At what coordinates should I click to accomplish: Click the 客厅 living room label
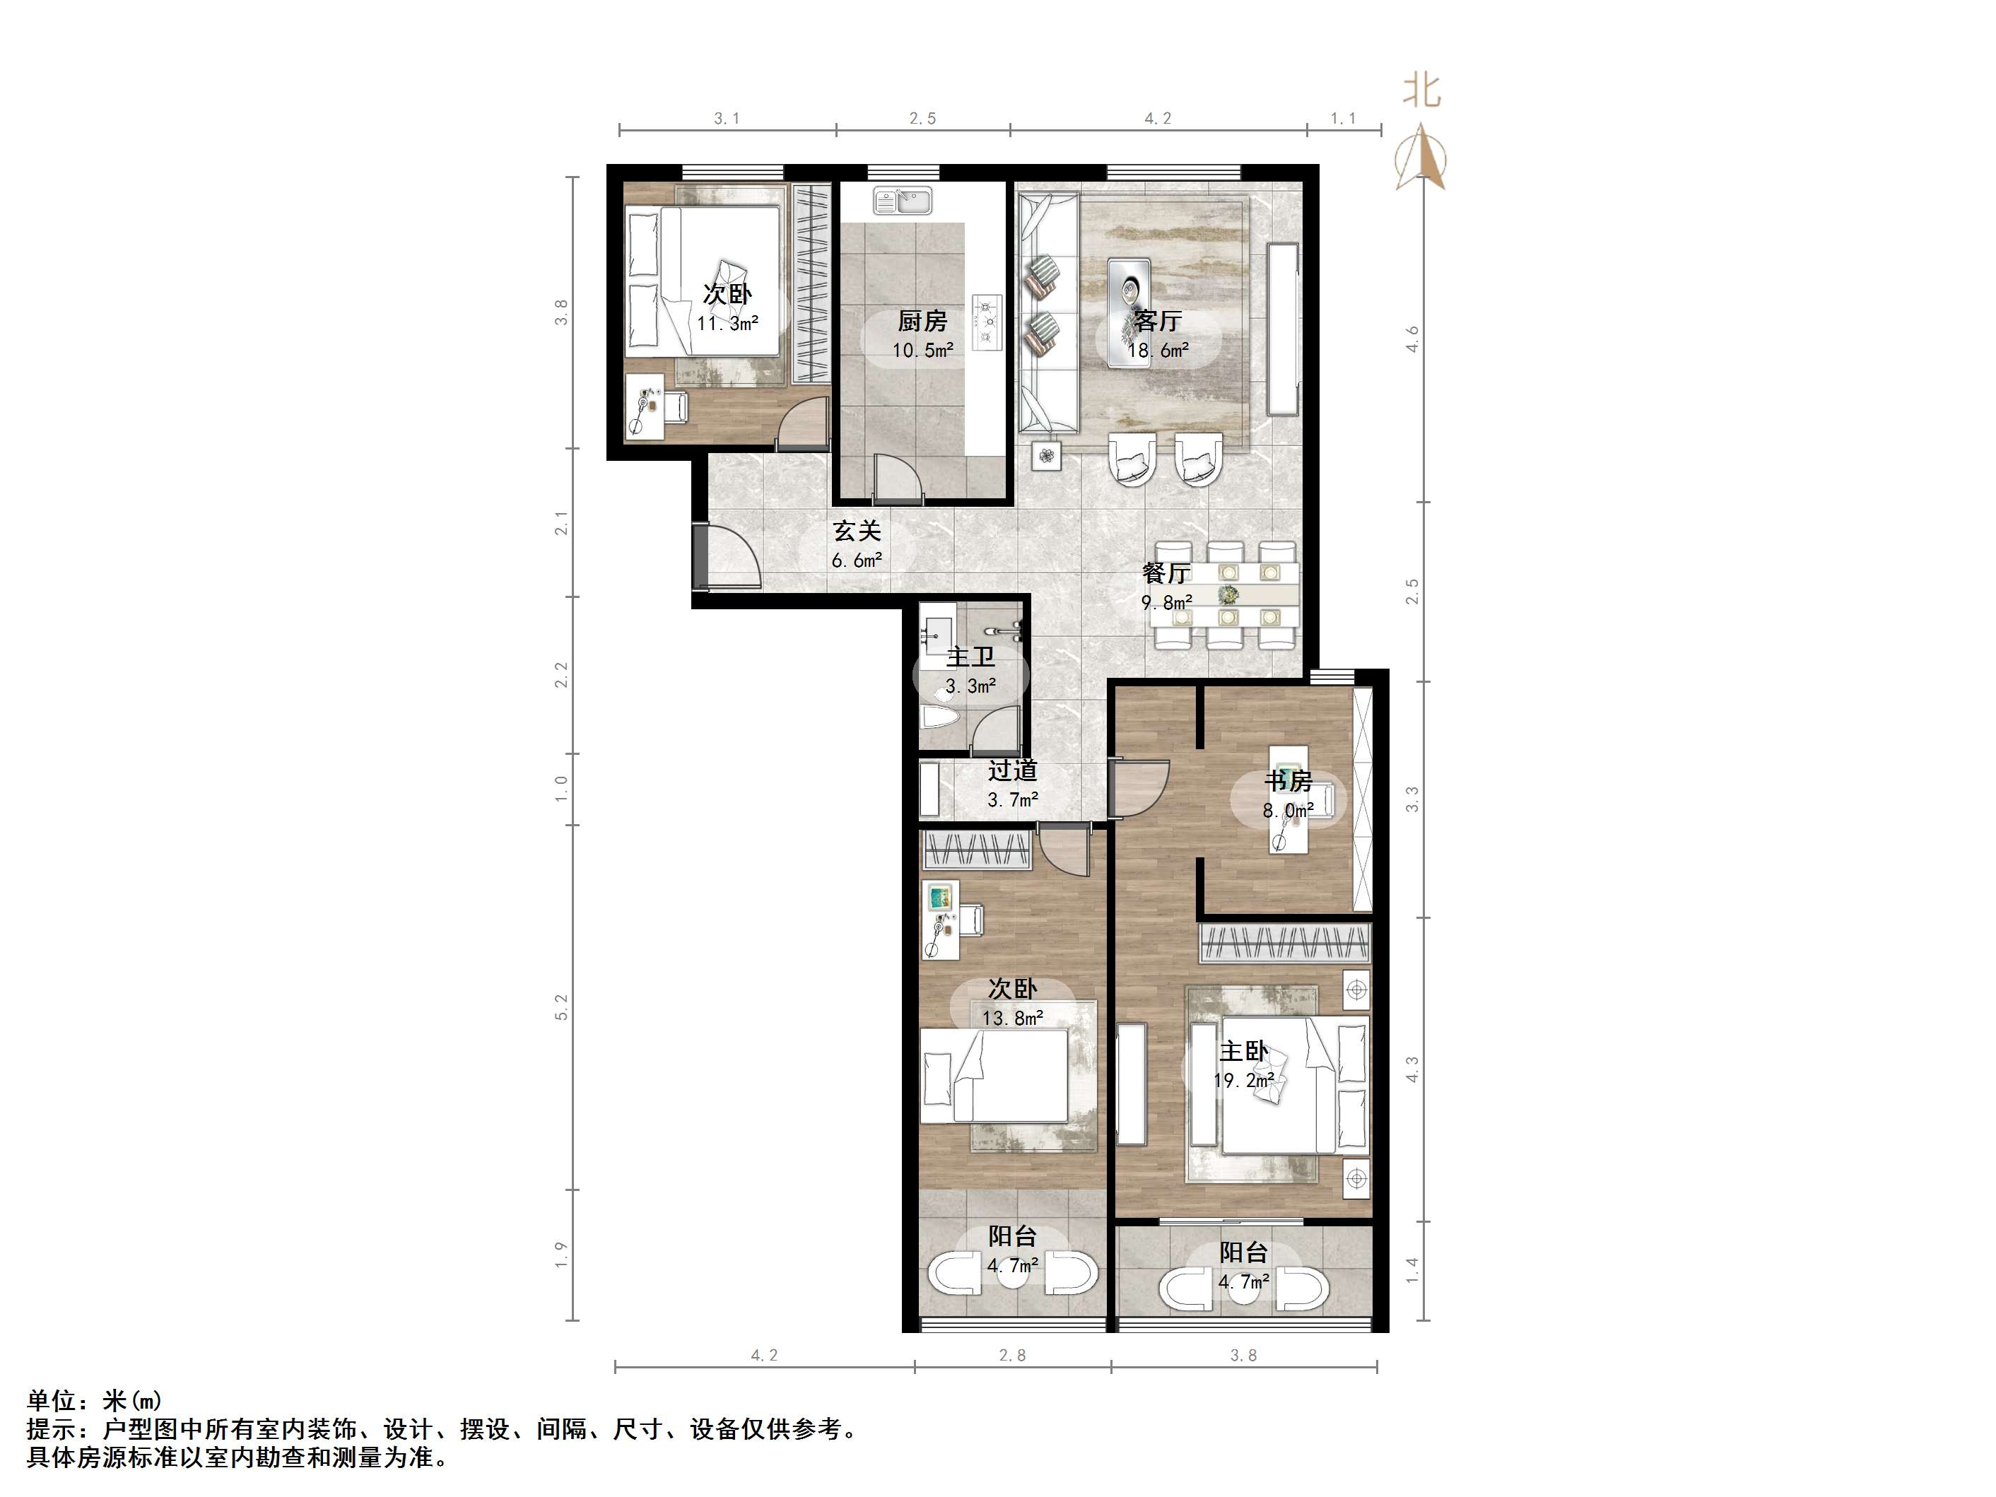click(x=1158, y=321)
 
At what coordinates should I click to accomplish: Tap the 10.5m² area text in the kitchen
click(x=922, y=350)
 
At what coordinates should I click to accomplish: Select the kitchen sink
click(x=901, y=200)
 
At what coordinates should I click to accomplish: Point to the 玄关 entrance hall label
click(x=857, y=531)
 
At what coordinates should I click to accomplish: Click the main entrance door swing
click(x=727, y=560)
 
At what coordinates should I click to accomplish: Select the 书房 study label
click(x=1288, y=780)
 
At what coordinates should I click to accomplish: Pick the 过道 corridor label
click(x=1012, y=770)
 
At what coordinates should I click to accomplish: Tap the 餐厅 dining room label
click(x=1166, y=572)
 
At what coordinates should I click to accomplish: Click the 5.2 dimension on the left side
click(x=561, y=1007)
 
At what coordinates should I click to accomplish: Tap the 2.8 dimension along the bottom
click(x=1011, y=1354)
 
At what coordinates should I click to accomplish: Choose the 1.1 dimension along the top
click(x=1343, y=118)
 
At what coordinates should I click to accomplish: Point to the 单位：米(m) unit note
click(x=95, y=1400)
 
